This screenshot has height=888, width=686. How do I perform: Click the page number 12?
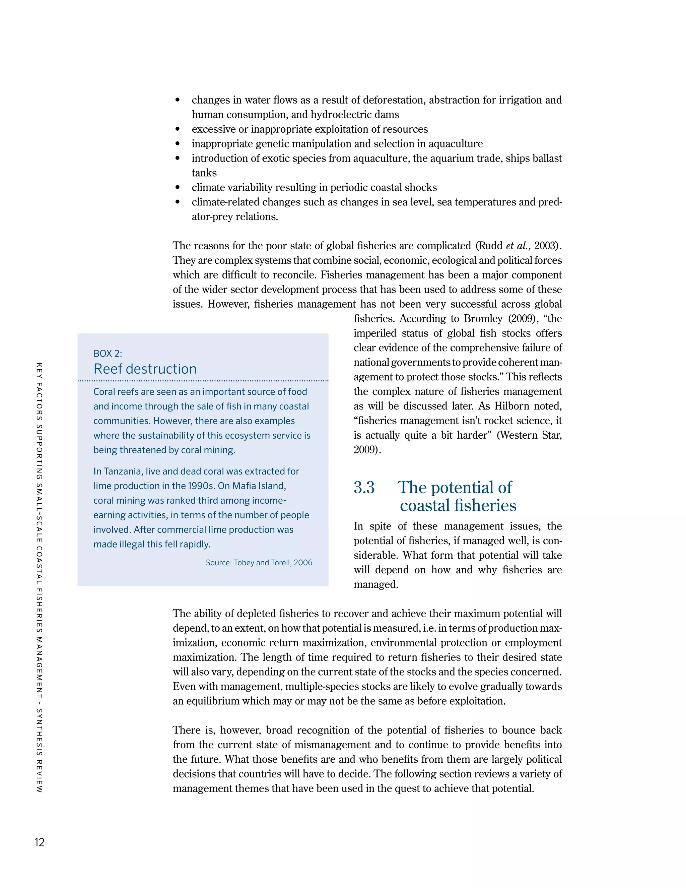click(x=40, y=842)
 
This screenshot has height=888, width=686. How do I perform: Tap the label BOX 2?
click(x=108, y=353)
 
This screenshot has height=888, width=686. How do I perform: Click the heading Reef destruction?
click(x=145, y=369)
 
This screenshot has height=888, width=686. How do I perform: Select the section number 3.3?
click(x=364, y=488)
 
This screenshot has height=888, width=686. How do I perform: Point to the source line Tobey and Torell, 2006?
click(x=259, y=563)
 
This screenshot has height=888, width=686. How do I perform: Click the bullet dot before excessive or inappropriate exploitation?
click(x=178, y=129)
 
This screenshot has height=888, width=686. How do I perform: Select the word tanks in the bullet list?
click(x=204, y=173)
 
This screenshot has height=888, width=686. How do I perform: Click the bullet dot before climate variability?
click(x=178, y=187)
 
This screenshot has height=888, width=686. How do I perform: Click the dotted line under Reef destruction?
click(x=203, y=381)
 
